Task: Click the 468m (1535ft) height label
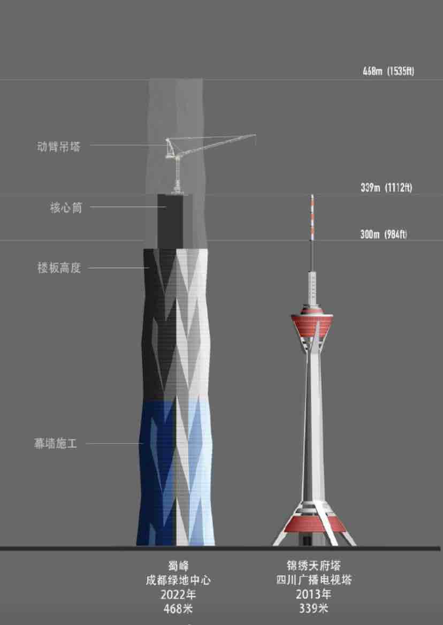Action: click(x=388, y=71)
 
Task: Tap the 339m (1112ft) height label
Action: click(x=386, y=188)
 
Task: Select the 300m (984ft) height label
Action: click(x=383, y=234)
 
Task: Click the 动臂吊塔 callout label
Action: click(x=59, y=146)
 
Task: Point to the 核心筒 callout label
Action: click(x=66, y=208)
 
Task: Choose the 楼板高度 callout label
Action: click(x=59, y=268)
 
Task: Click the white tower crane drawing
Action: click(x=185, y=155)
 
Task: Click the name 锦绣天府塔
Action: click(x=314, y=566)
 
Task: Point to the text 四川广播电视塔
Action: click(x=314, y=580)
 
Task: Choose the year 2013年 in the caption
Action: click(x=314, y=594)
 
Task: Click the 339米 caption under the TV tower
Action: click(x=314, y=608)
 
